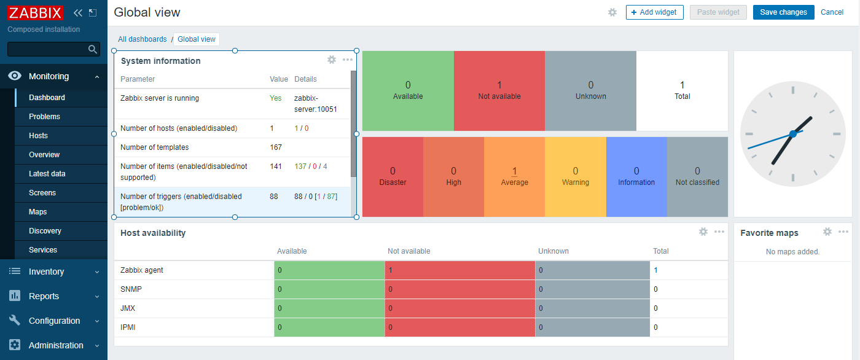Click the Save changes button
783,12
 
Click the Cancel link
832,12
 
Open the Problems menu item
44,117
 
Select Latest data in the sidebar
47,174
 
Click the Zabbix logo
35,12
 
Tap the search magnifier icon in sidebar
93,49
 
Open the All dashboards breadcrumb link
142,39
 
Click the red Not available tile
499,90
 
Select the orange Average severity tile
514,176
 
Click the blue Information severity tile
636,176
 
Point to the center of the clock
793,134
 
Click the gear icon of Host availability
703,232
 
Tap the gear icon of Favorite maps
827,232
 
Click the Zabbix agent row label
142,270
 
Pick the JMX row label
128,308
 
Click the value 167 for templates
276,147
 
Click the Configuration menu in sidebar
54,321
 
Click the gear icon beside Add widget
612,12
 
